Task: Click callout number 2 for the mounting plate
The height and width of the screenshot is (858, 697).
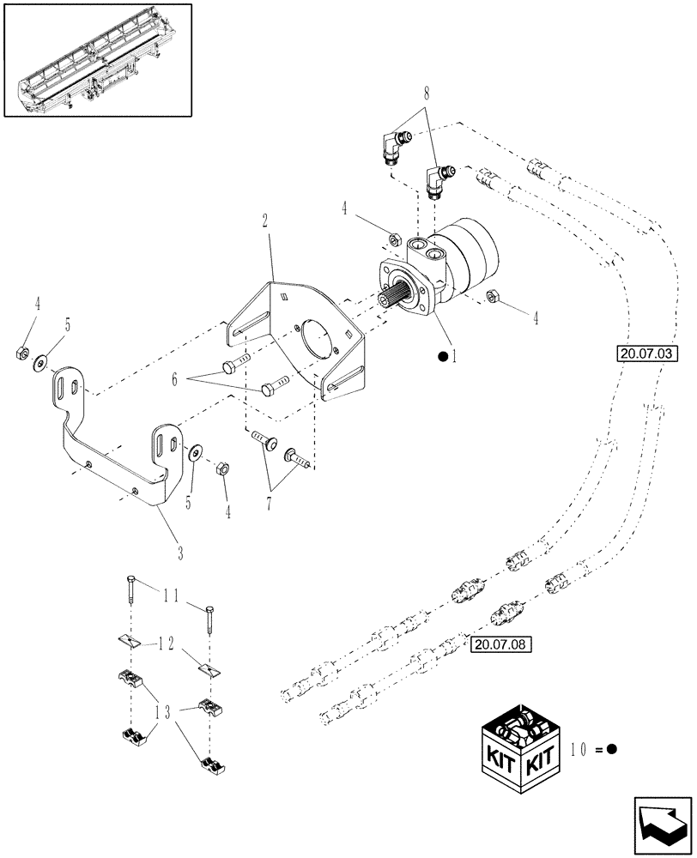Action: tap(266, 221)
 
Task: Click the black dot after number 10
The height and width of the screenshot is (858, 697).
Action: tap(612, 748)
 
